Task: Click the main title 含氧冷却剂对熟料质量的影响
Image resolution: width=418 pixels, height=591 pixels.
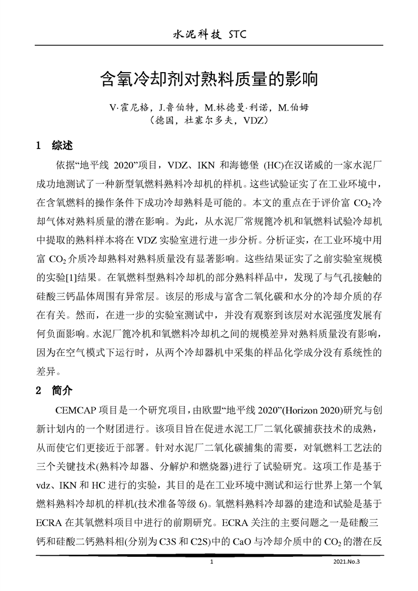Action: (209, 80)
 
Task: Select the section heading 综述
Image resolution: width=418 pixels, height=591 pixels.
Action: (62, 145)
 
